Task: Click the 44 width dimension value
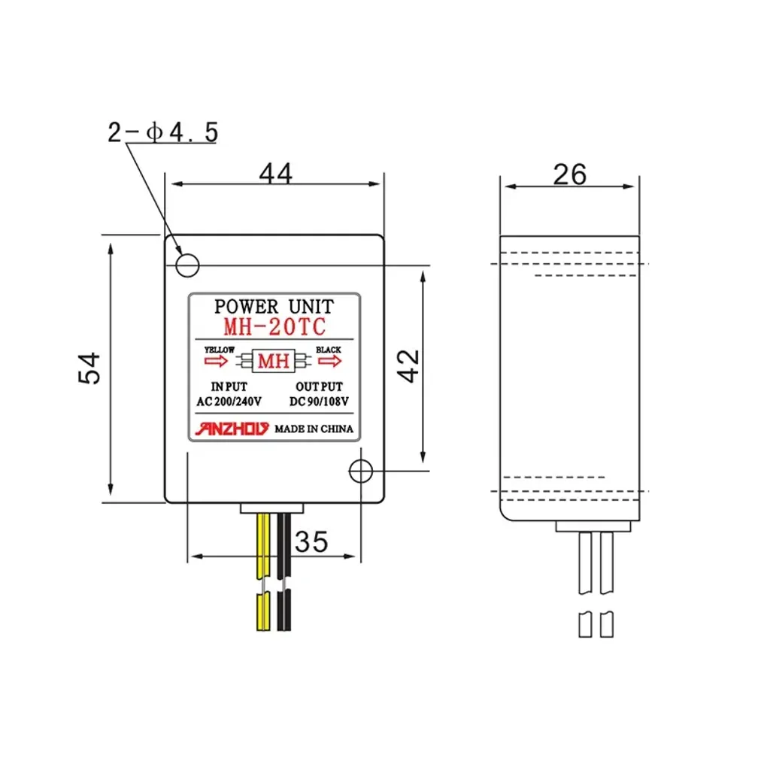tap(275, 173)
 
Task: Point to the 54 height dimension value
tap(89, 368)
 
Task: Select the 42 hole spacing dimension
tap(408, 366)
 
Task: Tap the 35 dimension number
tap(311, 541)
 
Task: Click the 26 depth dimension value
tap(570, 174)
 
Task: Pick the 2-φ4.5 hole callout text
tap(162, 132)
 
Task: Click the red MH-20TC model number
tap(274, 327)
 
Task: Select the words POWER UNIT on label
tap(274, 307)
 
